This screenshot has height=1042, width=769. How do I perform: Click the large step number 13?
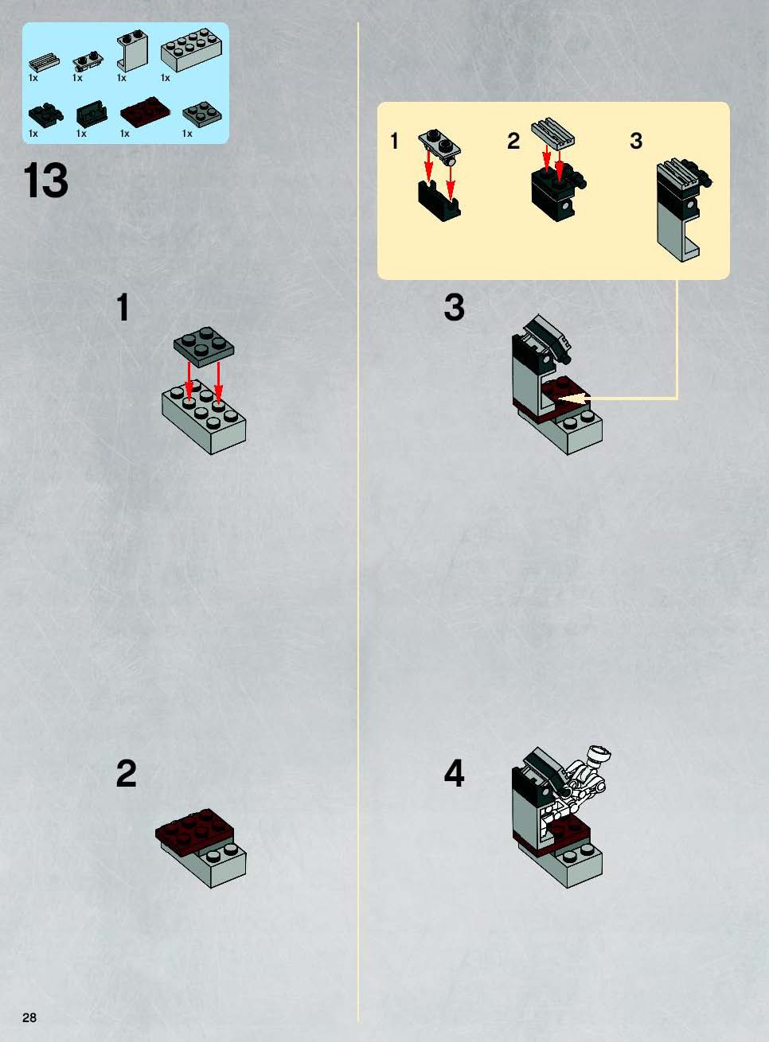[x=45, y=181]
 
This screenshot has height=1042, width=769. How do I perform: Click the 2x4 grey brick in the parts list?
[x=191, y=50]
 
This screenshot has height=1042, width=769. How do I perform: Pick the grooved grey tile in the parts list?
[x=45, y=62]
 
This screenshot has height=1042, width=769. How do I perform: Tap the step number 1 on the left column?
[x=123, y=307]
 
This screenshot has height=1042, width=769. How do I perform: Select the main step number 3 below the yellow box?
[x=455, y=307]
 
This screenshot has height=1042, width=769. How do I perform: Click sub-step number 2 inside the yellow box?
[x=513, y=141]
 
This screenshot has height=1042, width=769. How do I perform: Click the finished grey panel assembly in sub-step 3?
[x=683, y=209]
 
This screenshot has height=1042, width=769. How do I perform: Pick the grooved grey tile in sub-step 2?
[x=553, y=133]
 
